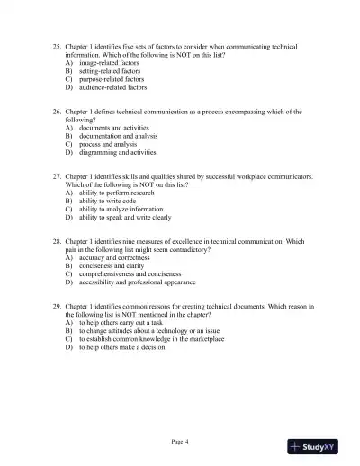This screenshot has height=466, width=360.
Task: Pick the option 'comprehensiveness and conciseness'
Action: (133, 275)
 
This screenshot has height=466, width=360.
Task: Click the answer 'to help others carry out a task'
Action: (125, 323)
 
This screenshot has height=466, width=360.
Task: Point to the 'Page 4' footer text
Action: (180, 441)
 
